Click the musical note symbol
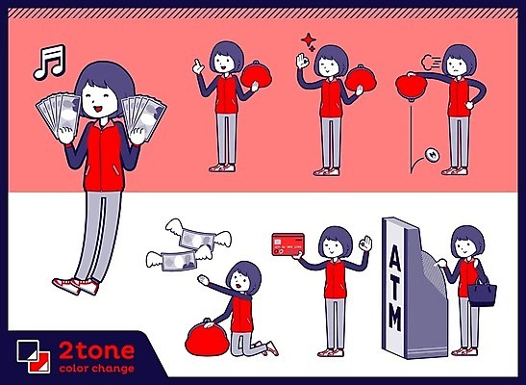[49, 63]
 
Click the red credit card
[288, 244]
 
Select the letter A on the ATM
[394, 257]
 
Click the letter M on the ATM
[395, 318]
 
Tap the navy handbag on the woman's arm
[482, 293]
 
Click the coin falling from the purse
[433, 155]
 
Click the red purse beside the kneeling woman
[207, 338]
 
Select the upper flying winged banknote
[197, 238]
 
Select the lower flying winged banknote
[178, 259]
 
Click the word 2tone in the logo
[96, 351]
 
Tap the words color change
[96, 369]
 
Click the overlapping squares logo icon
[34, 356]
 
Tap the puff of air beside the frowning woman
[432, 63]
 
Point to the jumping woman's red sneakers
[76, 286]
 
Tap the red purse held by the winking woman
[361, 79]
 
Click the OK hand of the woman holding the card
[365, 244]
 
